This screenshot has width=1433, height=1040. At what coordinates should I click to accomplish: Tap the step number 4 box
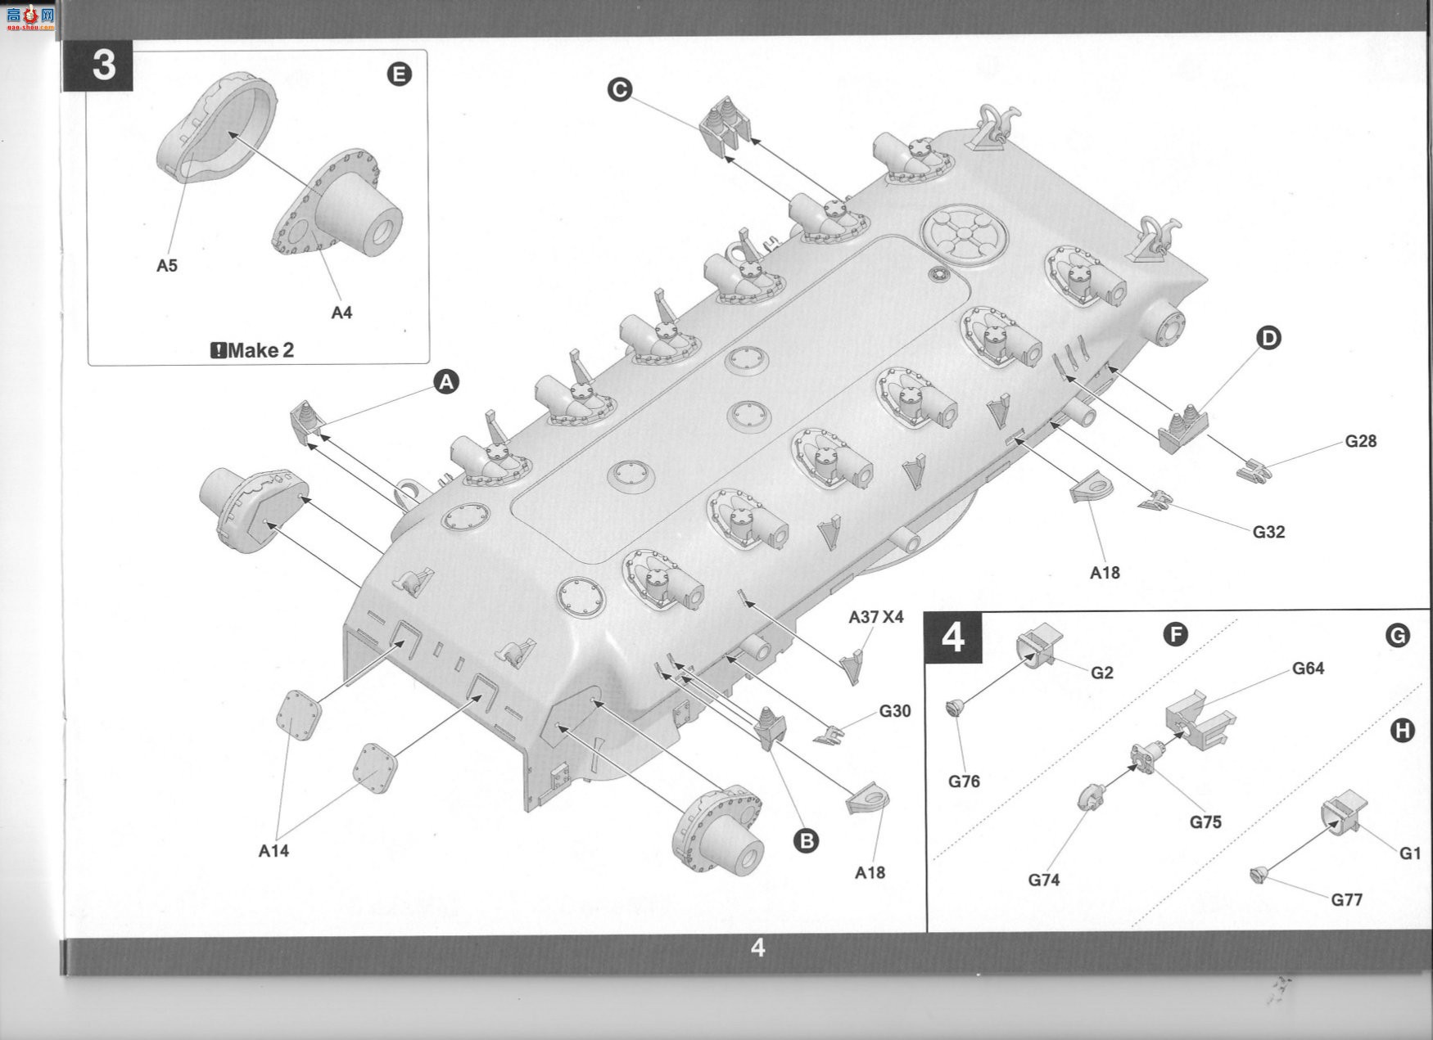pyautogui.click(x=952, y=637)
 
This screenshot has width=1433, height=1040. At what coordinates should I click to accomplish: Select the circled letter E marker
pyautogui.click(x=399, y=74)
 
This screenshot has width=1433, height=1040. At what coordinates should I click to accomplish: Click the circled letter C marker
pyautogui.click(x=620, y=89)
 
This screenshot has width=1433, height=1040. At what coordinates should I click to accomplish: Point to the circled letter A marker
pyautogui.click(x=446, y=381)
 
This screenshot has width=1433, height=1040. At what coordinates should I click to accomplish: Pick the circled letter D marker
pyautogui.click(x=1268, y=337)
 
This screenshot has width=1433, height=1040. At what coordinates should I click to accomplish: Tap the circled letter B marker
pyautogui.click(x=807, y=840)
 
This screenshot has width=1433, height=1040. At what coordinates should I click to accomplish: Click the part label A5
pyautogui.click(x=167, y=265)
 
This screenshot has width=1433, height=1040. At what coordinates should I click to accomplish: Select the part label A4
pyautogui.click(x=341, y=312)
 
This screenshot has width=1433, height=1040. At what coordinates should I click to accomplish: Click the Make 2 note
pyautogui.click(x=252, y=350)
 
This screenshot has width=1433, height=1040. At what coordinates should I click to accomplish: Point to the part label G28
pyautogui.click(x=1361, y=441)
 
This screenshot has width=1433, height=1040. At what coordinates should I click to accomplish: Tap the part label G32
pyautogui.click(x=1268, y=532)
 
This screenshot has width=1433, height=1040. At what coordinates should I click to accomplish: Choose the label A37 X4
pyautogui.click(x=876, y=617)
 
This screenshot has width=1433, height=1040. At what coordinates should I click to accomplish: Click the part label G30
pyautogui.click(x=895, y=711)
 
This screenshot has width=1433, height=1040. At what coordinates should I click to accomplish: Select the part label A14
pyautogui.click(x=273, y=851)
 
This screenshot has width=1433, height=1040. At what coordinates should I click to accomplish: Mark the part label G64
pyautogui.click(x=1308, y=669)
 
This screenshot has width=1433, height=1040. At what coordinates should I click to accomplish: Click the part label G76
pyautogui.click(x=964, y=781)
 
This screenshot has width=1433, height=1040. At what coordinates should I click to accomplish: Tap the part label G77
pyautogui.click(x=1346, y=900)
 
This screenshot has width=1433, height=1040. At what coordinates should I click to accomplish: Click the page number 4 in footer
pyautogui.click(x=758, y=948)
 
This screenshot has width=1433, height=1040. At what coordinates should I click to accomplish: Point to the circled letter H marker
pyautogui.click(x=1403, y=730)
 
